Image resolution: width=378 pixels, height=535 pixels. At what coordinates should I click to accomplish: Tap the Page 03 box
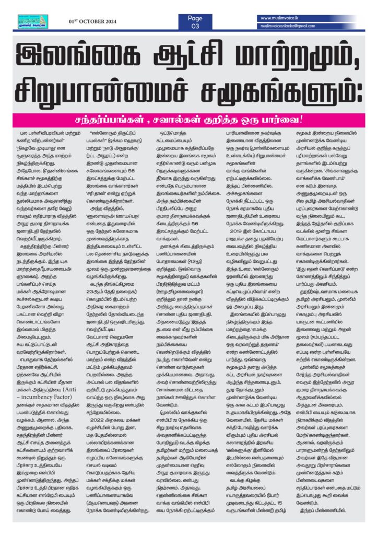(x=195, y=21)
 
